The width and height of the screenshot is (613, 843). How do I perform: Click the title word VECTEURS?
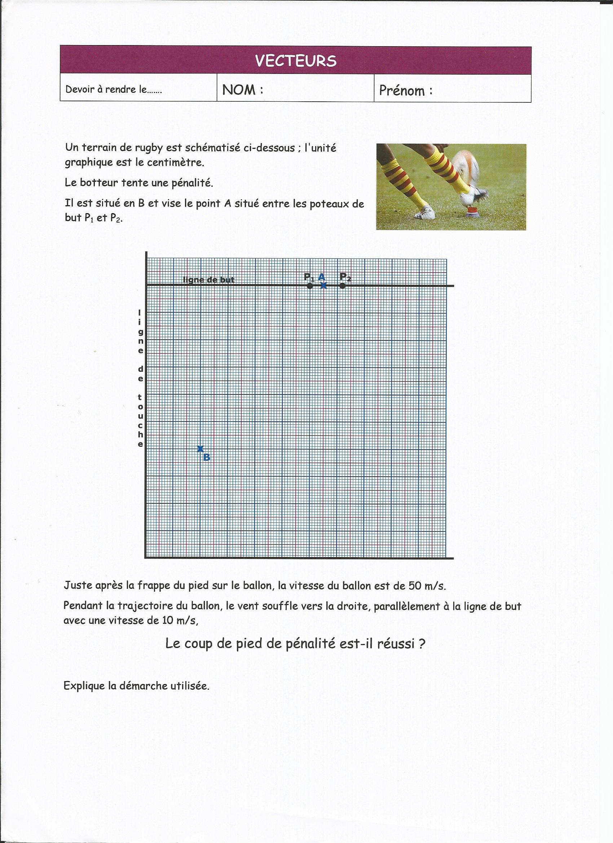pos(296,61)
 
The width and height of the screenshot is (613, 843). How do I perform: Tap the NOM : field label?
pos(242,89)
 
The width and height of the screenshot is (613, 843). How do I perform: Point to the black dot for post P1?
pos(310,286)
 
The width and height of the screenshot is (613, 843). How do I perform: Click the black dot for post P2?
pos(342,286)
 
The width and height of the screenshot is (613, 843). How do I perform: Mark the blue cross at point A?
pos(323,286)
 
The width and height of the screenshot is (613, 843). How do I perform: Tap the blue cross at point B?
pos(200,449)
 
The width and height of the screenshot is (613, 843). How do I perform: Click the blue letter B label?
pos(207,458)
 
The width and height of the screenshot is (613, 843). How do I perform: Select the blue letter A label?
pos(322,277)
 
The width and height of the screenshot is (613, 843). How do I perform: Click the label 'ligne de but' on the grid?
pos(208,280)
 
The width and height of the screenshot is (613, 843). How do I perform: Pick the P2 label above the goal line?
pos(345,277)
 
